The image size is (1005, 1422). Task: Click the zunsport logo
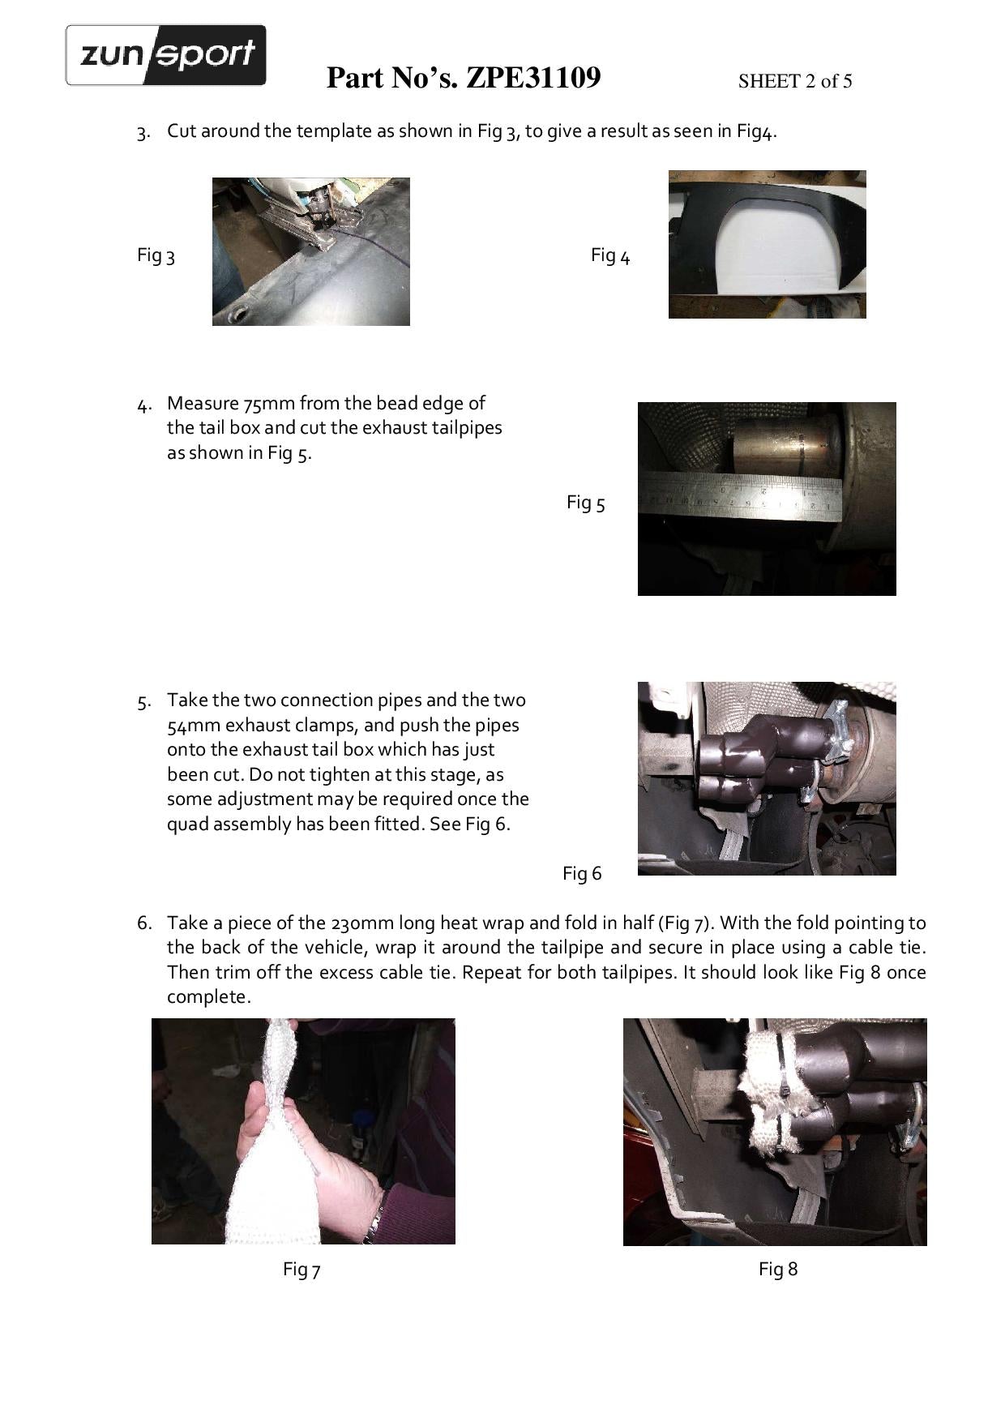pyautogui.click(x=165, y=55)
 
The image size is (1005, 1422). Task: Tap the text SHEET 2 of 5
pyautogui.click(x=794, y=81)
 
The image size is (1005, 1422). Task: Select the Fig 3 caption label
pyautogui.click(x=156, y=255)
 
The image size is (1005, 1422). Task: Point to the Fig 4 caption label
pyautogui.click(x=610, y=255)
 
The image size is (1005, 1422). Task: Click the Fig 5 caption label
pyautogui.click(x=585, y=503)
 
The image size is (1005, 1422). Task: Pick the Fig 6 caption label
pyautogui.click(x=582, y=873)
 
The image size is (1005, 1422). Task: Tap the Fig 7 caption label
pyautogui.click(x=301, y=1269)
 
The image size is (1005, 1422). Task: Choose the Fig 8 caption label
pyautogui.click(x=778, y=1269)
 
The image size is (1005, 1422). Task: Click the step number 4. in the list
pyautogui.click(x=144, y=405)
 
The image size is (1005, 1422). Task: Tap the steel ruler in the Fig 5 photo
pyautogui.click(x=741, y=496)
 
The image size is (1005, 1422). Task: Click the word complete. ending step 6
pyautogui.click(x=209, y=998)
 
